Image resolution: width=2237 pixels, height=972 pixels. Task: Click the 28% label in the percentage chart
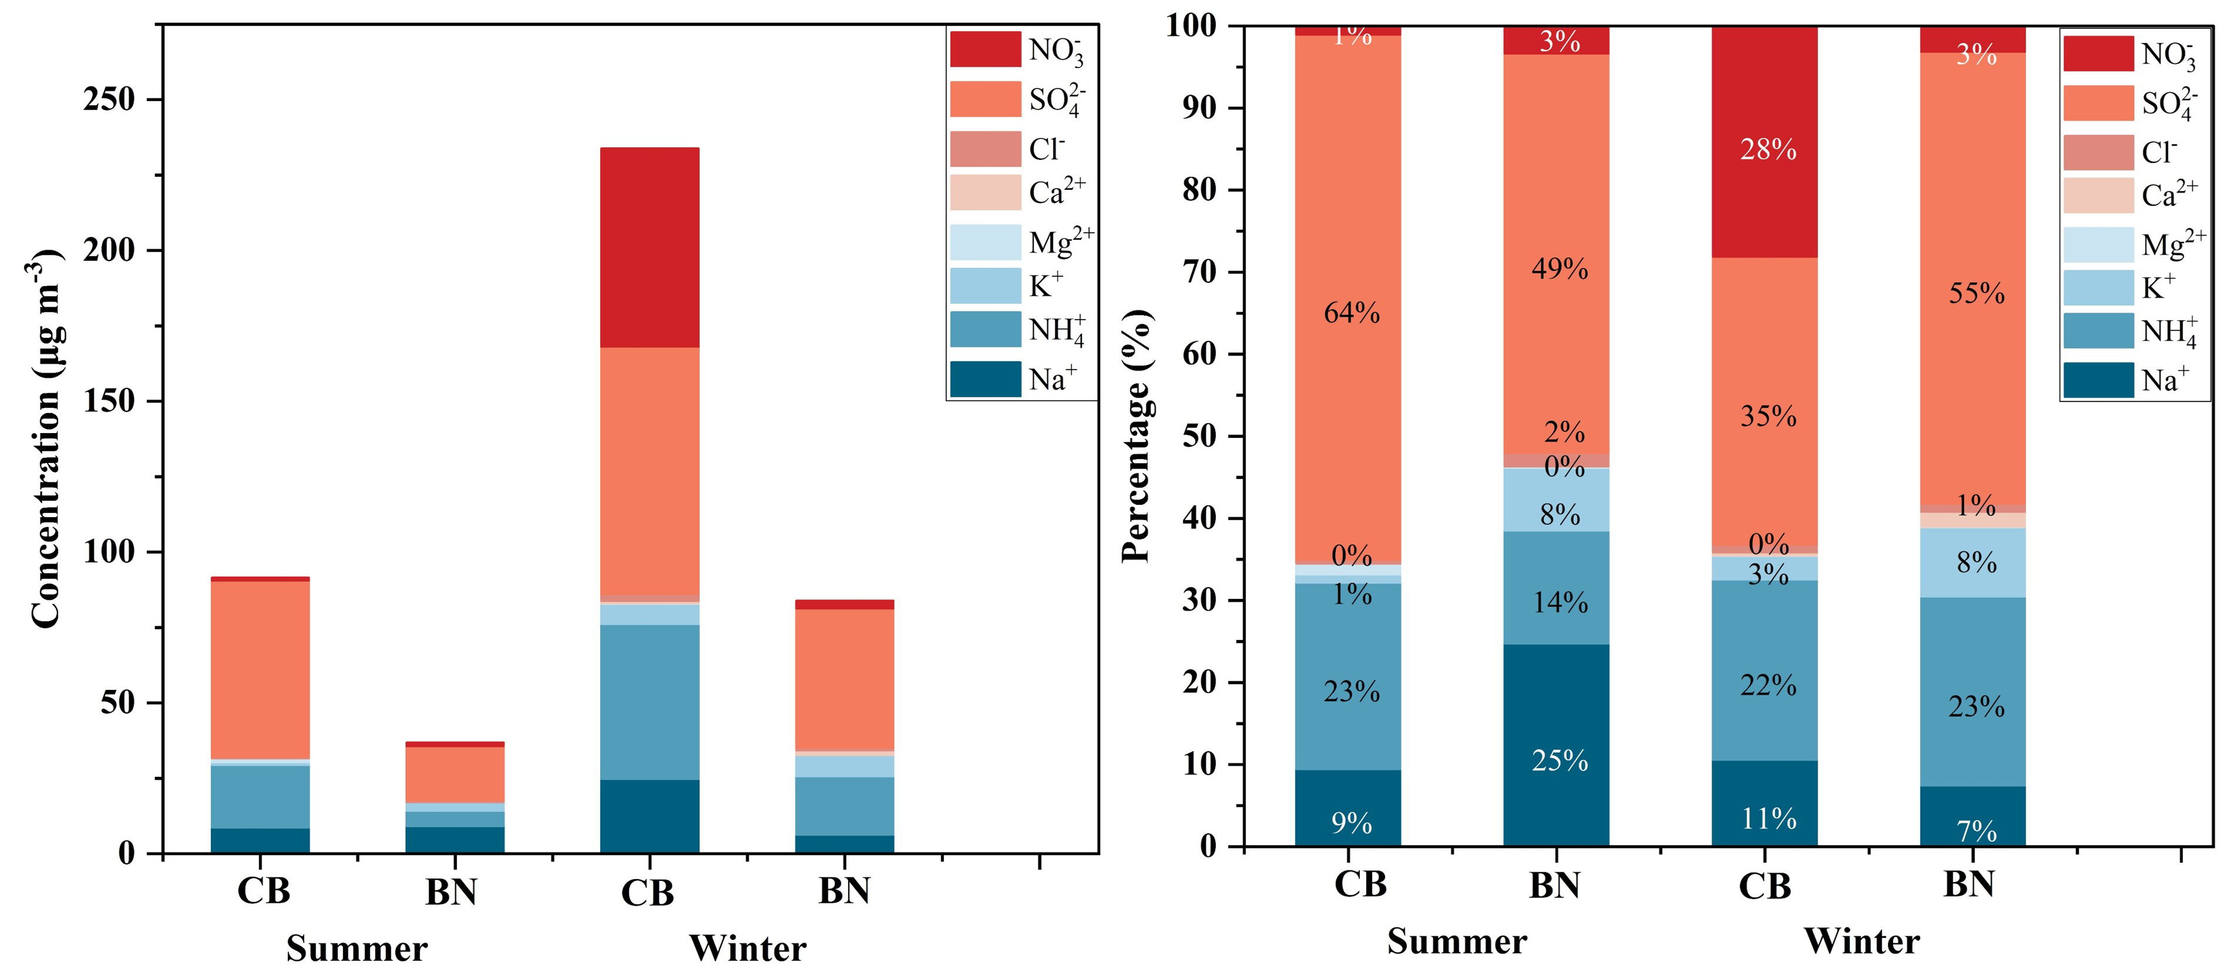point(1768,150)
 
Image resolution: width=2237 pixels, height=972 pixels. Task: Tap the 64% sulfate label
point(1351,313)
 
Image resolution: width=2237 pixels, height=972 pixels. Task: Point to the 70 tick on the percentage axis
point(1201,272)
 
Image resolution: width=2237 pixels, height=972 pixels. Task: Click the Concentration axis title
point(46,438)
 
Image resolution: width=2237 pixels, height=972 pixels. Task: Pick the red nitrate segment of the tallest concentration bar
point(650,247)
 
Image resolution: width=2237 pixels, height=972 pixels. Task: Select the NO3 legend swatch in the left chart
point(985,49)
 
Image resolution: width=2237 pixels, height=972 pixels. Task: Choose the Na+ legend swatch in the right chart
point(2098,380)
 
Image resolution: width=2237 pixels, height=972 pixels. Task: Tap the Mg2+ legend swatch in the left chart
point(985,242)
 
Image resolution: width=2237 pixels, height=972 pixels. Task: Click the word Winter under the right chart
point(1861,941)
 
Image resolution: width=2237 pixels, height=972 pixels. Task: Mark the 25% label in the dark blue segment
point(1560,761)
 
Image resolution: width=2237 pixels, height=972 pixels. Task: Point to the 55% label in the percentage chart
point(1977,294)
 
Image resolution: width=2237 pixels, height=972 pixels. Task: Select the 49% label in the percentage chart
point(1560,269)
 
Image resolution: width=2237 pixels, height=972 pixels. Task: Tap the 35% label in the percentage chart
point(1768,417)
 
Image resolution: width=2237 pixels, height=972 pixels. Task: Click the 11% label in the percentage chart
point(1768,818)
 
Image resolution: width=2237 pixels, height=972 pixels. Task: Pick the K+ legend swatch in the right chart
point(2098,287)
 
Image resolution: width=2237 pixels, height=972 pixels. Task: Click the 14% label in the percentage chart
point(1560,603)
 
